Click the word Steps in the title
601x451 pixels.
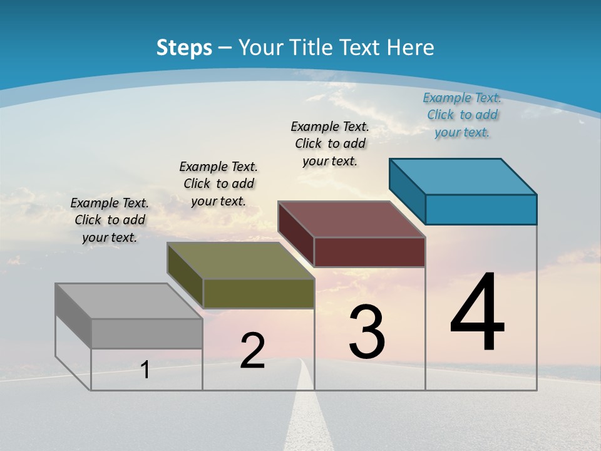pos(184,48)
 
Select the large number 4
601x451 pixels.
pos(477,313)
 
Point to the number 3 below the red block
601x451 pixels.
pos(366,332)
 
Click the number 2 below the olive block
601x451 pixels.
pos(252,351)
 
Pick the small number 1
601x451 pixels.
pos(145,370)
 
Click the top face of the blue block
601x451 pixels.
pos(463,176)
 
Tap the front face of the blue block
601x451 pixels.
pos(481,209)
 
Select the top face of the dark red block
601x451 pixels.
pos(351,219)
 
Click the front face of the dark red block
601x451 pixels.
pos(369,252)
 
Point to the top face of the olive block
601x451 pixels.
pos(240,261)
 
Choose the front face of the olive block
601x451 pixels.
pos(259,293)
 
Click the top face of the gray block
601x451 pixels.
pos(128,301)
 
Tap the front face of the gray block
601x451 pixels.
pos(146,333)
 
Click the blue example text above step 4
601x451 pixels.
pos(462,115)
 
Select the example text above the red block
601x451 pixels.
pos(330,143)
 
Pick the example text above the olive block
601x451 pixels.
pos(218,184)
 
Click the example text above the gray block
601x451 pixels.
pos(110,220)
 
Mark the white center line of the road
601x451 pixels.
pos(305,413)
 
